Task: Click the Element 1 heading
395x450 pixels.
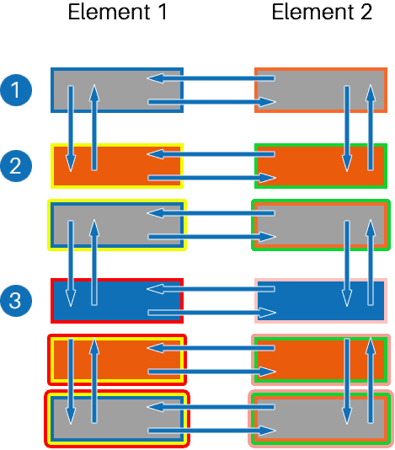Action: (x=117, y=13)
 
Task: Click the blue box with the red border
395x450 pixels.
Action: (x=118, y=300)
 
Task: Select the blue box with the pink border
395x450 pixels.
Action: (x=320, y=300)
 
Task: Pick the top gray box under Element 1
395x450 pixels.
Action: (x=118, y=90)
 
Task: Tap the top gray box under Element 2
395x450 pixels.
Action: (x=320, y=90)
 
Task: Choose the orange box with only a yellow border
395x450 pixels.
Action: (x=118, y=166)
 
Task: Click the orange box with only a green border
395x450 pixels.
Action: (x=320, y=166)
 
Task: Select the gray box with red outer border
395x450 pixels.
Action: (x=118, y=419)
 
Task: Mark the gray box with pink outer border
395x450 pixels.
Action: (x=320, y=419)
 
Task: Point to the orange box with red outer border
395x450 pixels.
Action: (x=118, y=360)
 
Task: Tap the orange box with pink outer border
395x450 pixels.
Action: (x=320, y=360)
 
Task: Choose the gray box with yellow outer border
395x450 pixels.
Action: (x=118, y=225)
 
